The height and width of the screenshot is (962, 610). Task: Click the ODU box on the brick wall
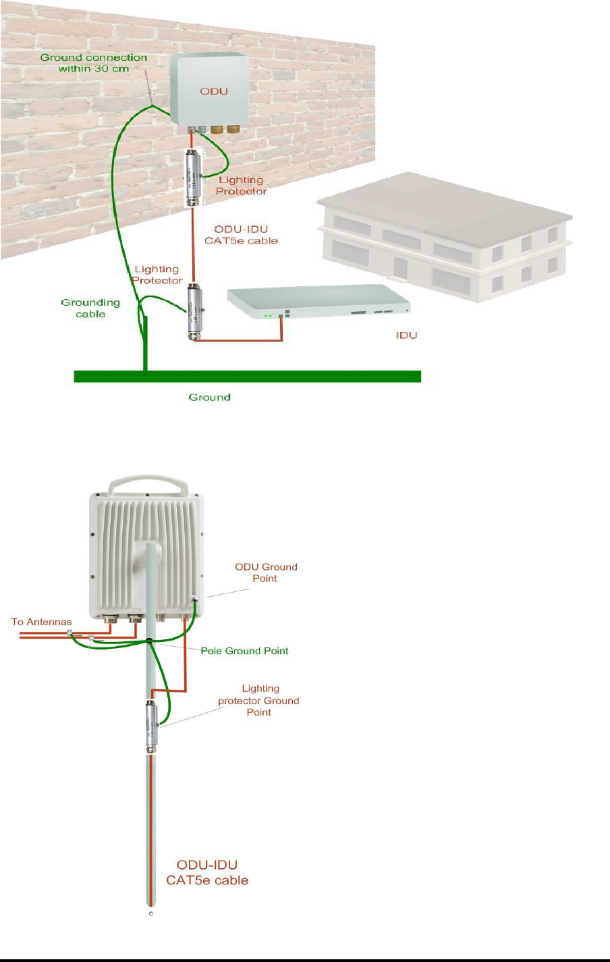(x=209, y=90)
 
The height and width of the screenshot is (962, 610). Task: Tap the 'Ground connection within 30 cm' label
(x=94, y=63)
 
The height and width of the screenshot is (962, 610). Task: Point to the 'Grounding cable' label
(x=90, y=308)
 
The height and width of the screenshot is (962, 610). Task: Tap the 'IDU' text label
(x=406, y=335)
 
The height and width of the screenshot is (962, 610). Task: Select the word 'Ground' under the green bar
(x=209, y=398)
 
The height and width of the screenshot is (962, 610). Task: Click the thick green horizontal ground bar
(x=247, y=376)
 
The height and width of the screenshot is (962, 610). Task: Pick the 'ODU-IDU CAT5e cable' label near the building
(x=241, y=235)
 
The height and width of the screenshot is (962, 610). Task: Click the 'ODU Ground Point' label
(x=266, y=572)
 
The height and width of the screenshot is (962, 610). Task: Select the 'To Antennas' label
(x=41, y=621)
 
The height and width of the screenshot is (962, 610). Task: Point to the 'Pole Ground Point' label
(x=244, y=651)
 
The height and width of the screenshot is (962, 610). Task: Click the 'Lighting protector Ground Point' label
(x=259, y=700)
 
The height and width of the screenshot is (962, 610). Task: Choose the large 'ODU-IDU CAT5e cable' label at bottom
(x=207, y=872)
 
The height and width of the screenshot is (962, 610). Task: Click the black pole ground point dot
(x=149, y=639)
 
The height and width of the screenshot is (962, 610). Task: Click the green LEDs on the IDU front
(x=269, y=315)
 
